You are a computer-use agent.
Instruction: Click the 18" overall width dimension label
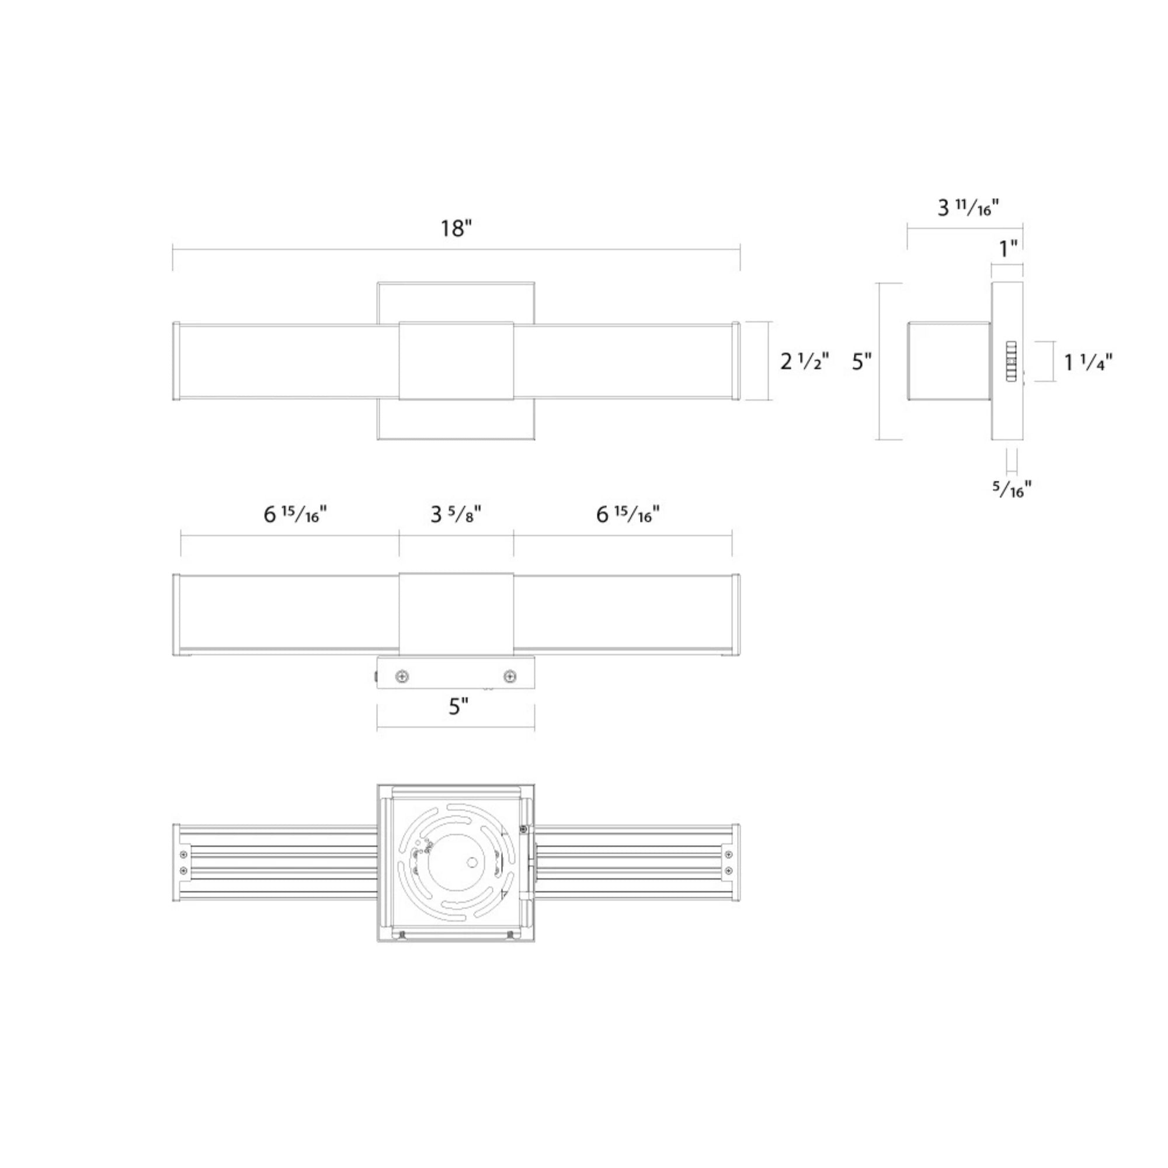pyautogui.click(x=456, y=228)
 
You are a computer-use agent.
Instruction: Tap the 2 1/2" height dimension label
pyautogui.click(x=804, y=361)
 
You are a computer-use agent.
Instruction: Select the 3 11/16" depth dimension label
pyautogui.click(x=968, y=208)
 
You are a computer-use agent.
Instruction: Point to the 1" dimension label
pyautogui.click(x=1008, y=248)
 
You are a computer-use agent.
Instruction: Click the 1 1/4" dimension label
pyautogui.click(x=1088, y=362)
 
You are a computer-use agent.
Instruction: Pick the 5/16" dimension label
pyautogui.click(x=1012, y=489)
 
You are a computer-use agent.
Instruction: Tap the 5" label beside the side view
pyautogui.click(x=861, y=361)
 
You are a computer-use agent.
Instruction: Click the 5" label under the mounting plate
pyautogui.click(x=458, y=705)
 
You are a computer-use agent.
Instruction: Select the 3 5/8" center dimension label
pyautogui.click(x=456, y=515)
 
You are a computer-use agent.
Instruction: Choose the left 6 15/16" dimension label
pyautogui.click(x=295, y=515)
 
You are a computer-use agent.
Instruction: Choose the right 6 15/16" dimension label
pyautogui.click(x=628, y=515)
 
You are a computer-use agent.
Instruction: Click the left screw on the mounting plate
pyautogui.click(x=401, y=676)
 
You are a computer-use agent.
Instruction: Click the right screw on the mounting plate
pyautogui.click(x=510, y=676)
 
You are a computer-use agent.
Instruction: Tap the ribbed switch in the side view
pyautogui.click(x=1011, y=361)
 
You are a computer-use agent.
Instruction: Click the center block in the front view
pyautogui.click(x=456, y=361)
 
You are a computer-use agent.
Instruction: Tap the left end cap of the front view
pyautogui.click(x=176, y=361)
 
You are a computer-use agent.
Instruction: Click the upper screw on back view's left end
pyautogui.click(x=184, y=854)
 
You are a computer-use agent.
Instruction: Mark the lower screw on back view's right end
pyautogui.click(x=728, y=871)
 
